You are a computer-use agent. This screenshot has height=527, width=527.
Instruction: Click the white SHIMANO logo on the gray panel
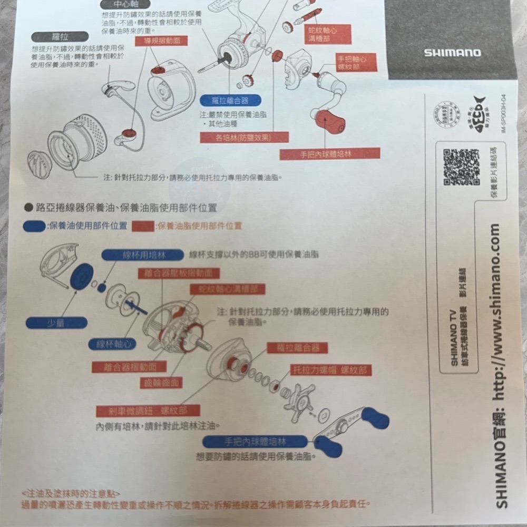click(452, 53)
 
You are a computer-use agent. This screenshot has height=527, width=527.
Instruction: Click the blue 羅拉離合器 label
click(231, 100)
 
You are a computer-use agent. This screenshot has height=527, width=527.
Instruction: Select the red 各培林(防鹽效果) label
click(245, 138)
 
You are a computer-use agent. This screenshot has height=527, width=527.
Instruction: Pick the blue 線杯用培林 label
click(143, 255)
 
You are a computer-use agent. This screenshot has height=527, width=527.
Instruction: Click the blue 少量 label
click(56, 323)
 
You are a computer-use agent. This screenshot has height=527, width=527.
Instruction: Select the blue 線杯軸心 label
click(112, 344)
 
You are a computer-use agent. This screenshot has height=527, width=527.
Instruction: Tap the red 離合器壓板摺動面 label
click(178, 273)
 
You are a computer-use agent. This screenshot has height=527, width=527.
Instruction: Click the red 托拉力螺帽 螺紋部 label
click(331, 370)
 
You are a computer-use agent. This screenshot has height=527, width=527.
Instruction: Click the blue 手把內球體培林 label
click(256, 442)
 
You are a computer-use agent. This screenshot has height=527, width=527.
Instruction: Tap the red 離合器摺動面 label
click(129, 367)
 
